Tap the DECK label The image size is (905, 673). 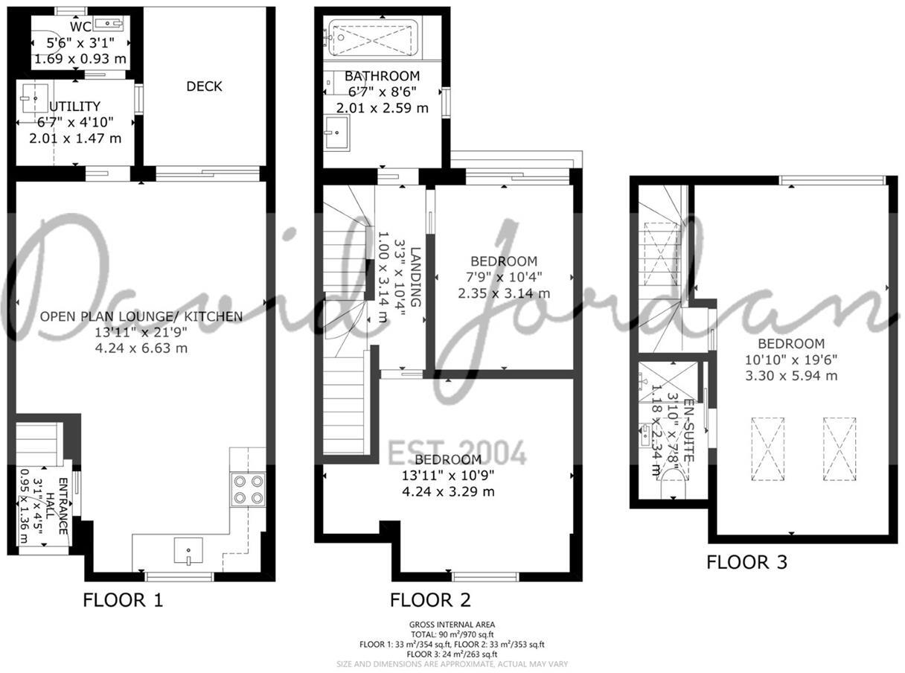(204, 86)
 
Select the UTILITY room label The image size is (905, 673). (74, 107)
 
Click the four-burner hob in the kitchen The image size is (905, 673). (249, 489)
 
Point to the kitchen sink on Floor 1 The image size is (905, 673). (188, 551)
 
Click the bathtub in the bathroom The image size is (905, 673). (371, 37)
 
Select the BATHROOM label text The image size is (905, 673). (383, 76)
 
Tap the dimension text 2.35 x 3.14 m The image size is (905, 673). (504, 293)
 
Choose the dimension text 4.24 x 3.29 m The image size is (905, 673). (448, 491)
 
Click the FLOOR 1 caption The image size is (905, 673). (122, 600)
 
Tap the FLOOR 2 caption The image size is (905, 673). (430, 600)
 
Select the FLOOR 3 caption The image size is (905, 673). (746, 562)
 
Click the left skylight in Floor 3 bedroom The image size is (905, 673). (770, 450)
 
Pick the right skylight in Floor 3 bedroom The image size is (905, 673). (840, 450)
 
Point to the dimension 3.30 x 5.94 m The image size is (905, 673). (791, 375)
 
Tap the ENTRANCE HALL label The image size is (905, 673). (57, 506)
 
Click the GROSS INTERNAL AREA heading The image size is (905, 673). (452, 625)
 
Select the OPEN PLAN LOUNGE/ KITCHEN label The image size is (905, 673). (141, 316)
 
